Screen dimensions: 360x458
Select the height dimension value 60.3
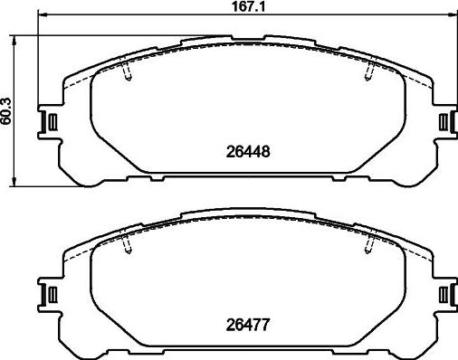(8, 111)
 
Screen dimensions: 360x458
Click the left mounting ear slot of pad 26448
(52, 122)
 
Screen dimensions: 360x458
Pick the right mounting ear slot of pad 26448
(443, 122)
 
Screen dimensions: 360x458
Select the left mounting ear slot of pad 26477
(52, 294)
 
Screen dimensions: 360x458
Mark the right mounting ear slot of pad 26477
(443, 294)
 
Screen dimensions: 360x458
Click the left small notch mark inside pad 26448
(128, 73)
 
